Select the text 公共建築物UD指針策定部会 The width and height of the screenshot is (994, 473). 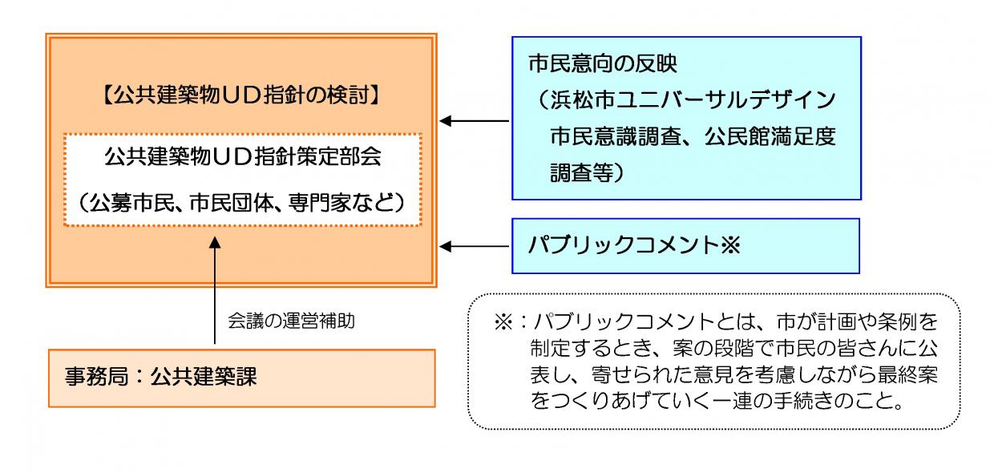tap(242, 156)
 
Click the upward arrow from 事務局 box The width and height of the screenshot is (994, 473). tap(214, 289)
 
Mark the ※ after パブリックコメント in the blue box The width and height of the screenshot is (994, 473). tap(725, 245)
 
